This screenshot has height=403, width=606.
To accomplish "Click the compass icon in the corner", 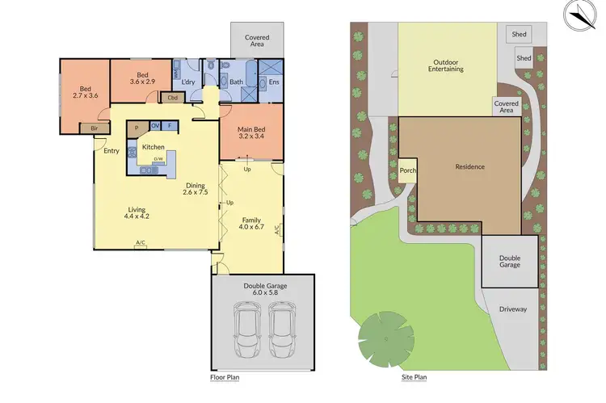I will (x=581, y=15).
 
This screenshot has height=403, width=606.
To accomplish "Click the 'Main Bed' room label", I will (x=250, y=132).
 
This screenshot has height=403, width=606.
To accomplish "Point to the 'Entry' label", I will (x=111, y=150).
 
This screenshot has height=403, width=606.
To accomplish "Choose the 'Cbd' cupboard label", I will (x=173, y=98).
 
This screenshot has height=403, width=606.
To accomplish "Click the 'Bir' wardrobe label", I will (x=95, y=128).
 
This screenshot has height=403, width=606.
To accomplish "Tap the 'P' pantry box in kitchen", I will (x=137, y=127).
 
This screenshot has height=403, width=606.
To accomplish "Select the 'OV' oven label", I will (x=154, y=126).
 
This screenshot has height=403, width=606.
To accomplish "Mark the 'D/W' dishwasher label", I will (x=158, y=158).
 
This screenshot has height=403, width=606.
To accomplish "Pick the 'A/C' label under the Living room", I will (x=141, y=243).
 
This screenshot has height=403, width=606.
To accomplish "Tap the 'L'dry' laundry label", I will (x=189, y=82).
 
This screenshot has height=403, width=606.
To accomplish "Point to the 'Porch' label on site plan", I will (x=407, y=170).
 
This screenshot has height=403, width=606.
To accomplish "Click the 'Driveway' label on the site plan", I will (x=511, y=309).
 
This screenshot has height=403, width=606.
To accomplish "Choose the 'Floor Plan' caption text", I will (x=224, y=377).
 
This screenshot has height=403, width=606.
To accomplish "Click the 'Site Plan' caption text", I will (x=414, y=377).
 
